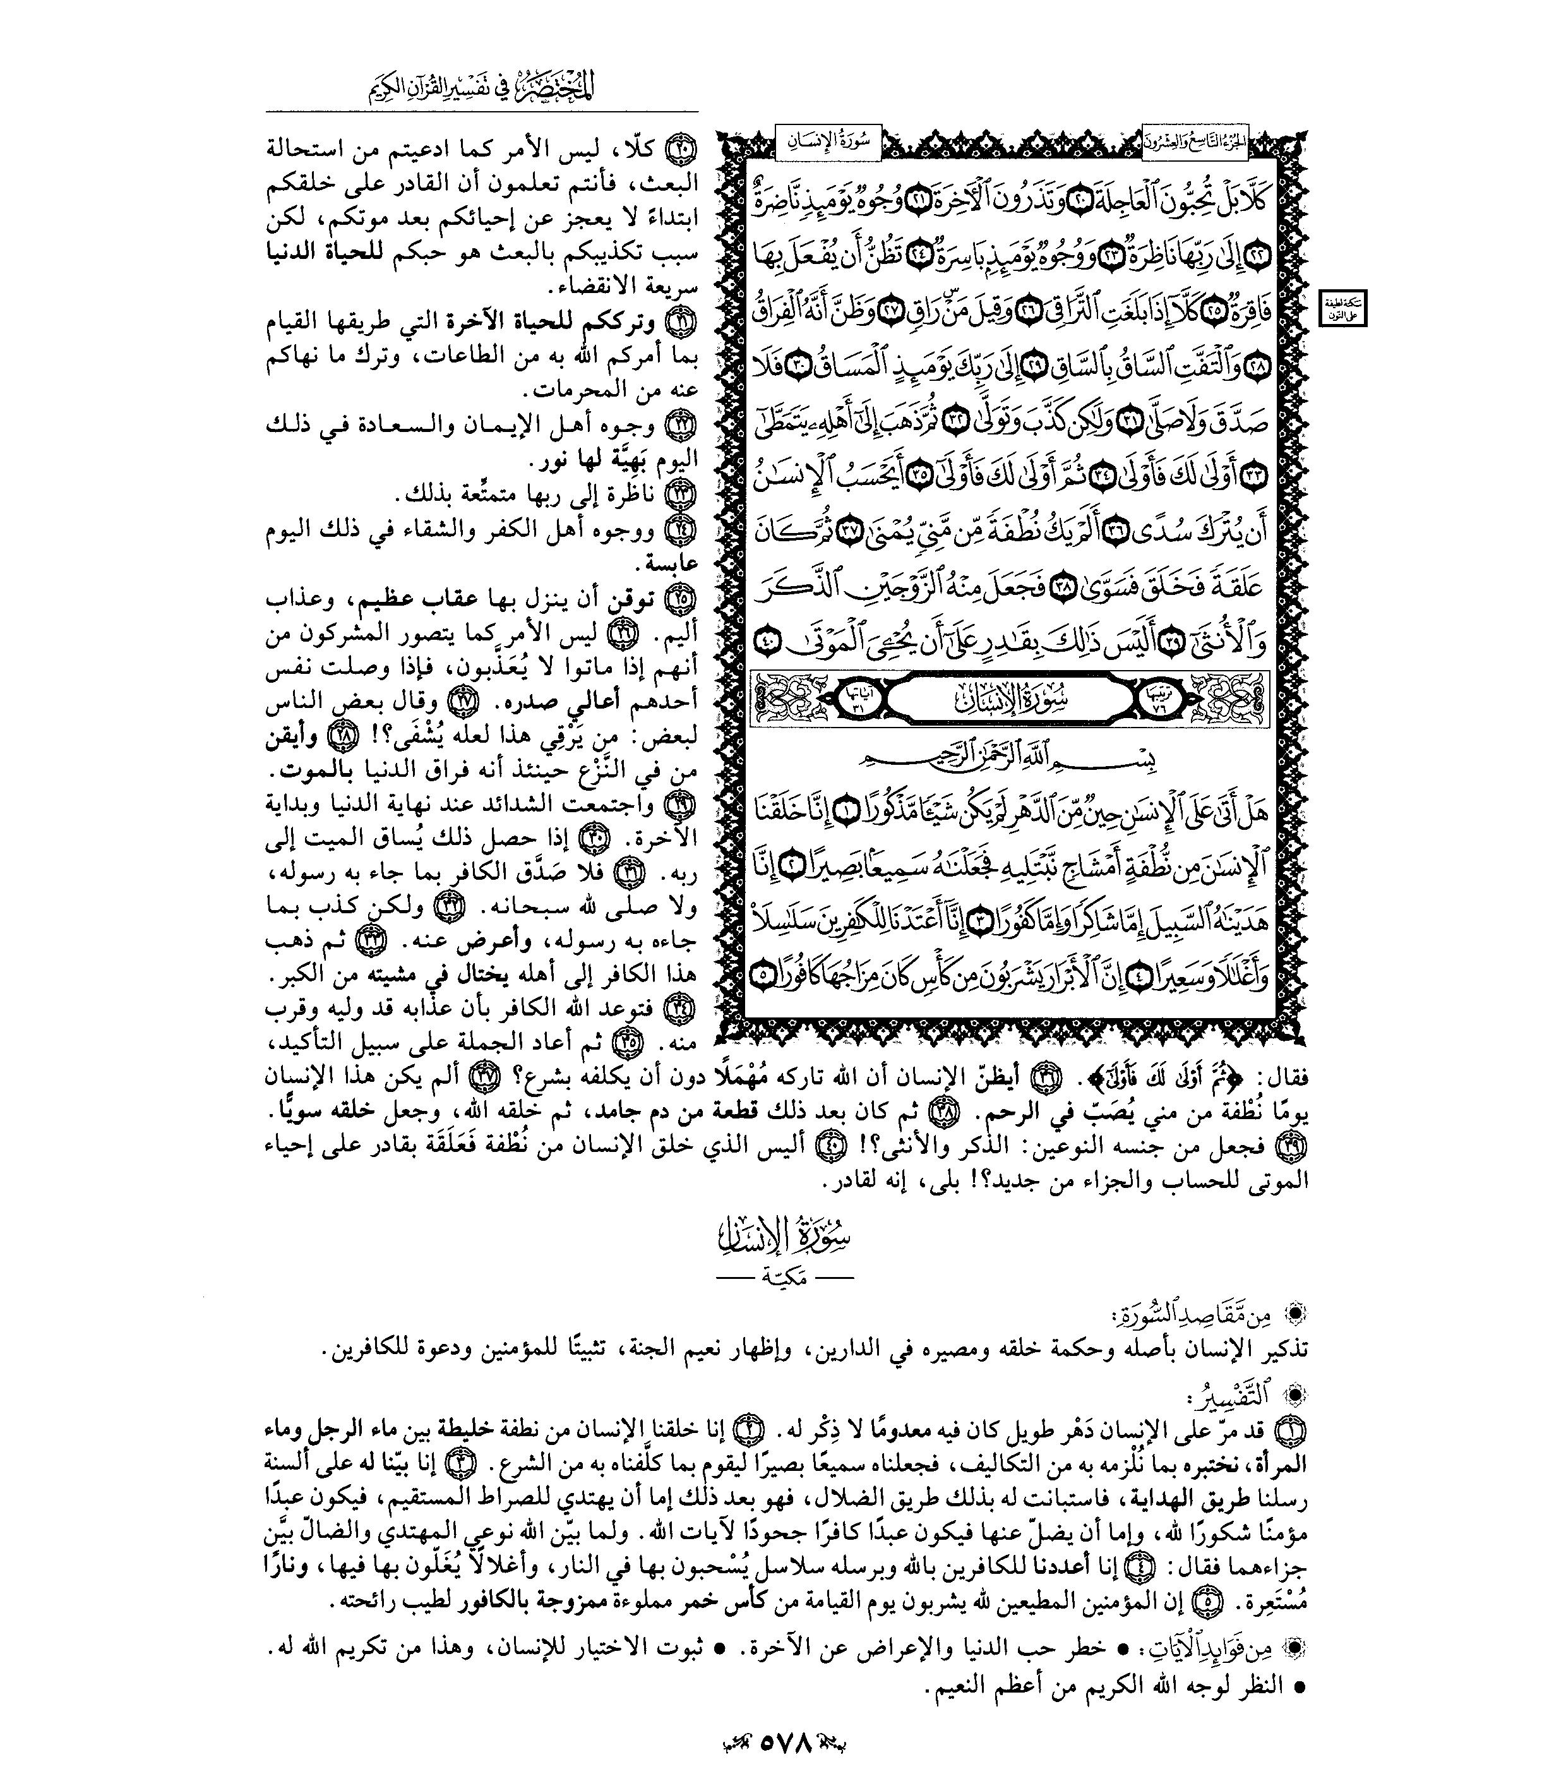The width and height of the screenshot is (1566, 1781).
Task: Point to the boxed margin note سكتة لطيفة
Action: [x=1343, y=308]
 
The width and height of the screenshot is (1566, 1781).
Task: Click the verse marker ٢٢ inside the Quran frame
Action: [x=1259, y=257]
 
